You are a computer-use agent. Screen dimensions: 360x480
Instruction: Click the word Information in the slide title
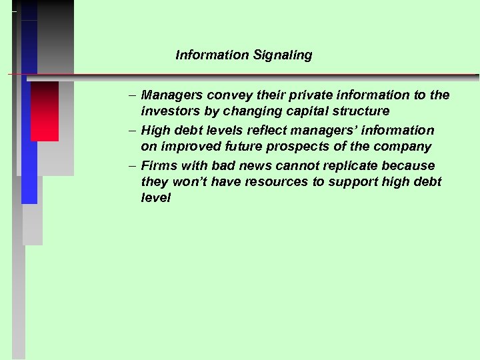point(212,55)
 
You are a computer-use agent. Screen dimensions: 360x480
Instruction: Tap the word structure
point(361,111)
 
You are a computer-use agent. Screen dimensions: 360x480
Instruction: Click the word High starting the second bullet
point(155,131)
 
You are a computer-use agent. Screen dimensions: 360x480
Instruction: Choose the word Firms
point(158,165)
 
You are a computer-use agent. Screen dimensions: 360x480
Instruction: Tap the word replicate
point(361,165)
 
